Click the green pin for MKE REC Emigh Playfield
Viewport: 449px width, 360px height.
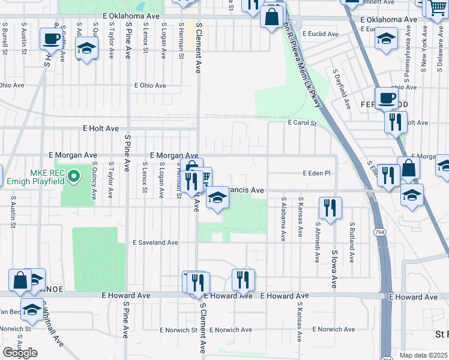pos(74,176)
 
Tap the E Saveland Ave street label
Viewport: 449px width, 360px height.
pos(155,243)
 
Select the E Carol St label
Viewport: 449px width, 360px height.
pos(302,123)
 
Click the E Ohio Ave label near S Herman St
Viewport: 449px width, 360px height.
pos(150,85)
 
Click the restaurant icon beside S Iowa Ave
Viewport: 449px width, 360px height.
pos(330,208)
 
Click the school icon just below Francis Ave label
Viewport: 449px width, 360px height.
pos(217,198)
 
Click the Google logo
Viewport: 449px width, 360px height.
pos(20,353)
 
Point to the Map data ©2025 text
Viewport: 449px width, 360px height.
pos(423,355)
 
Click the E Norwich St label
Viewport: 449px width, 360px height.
pos(179,330)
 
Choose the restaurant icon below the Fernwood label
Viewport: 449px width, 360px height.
pos(395,122)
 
